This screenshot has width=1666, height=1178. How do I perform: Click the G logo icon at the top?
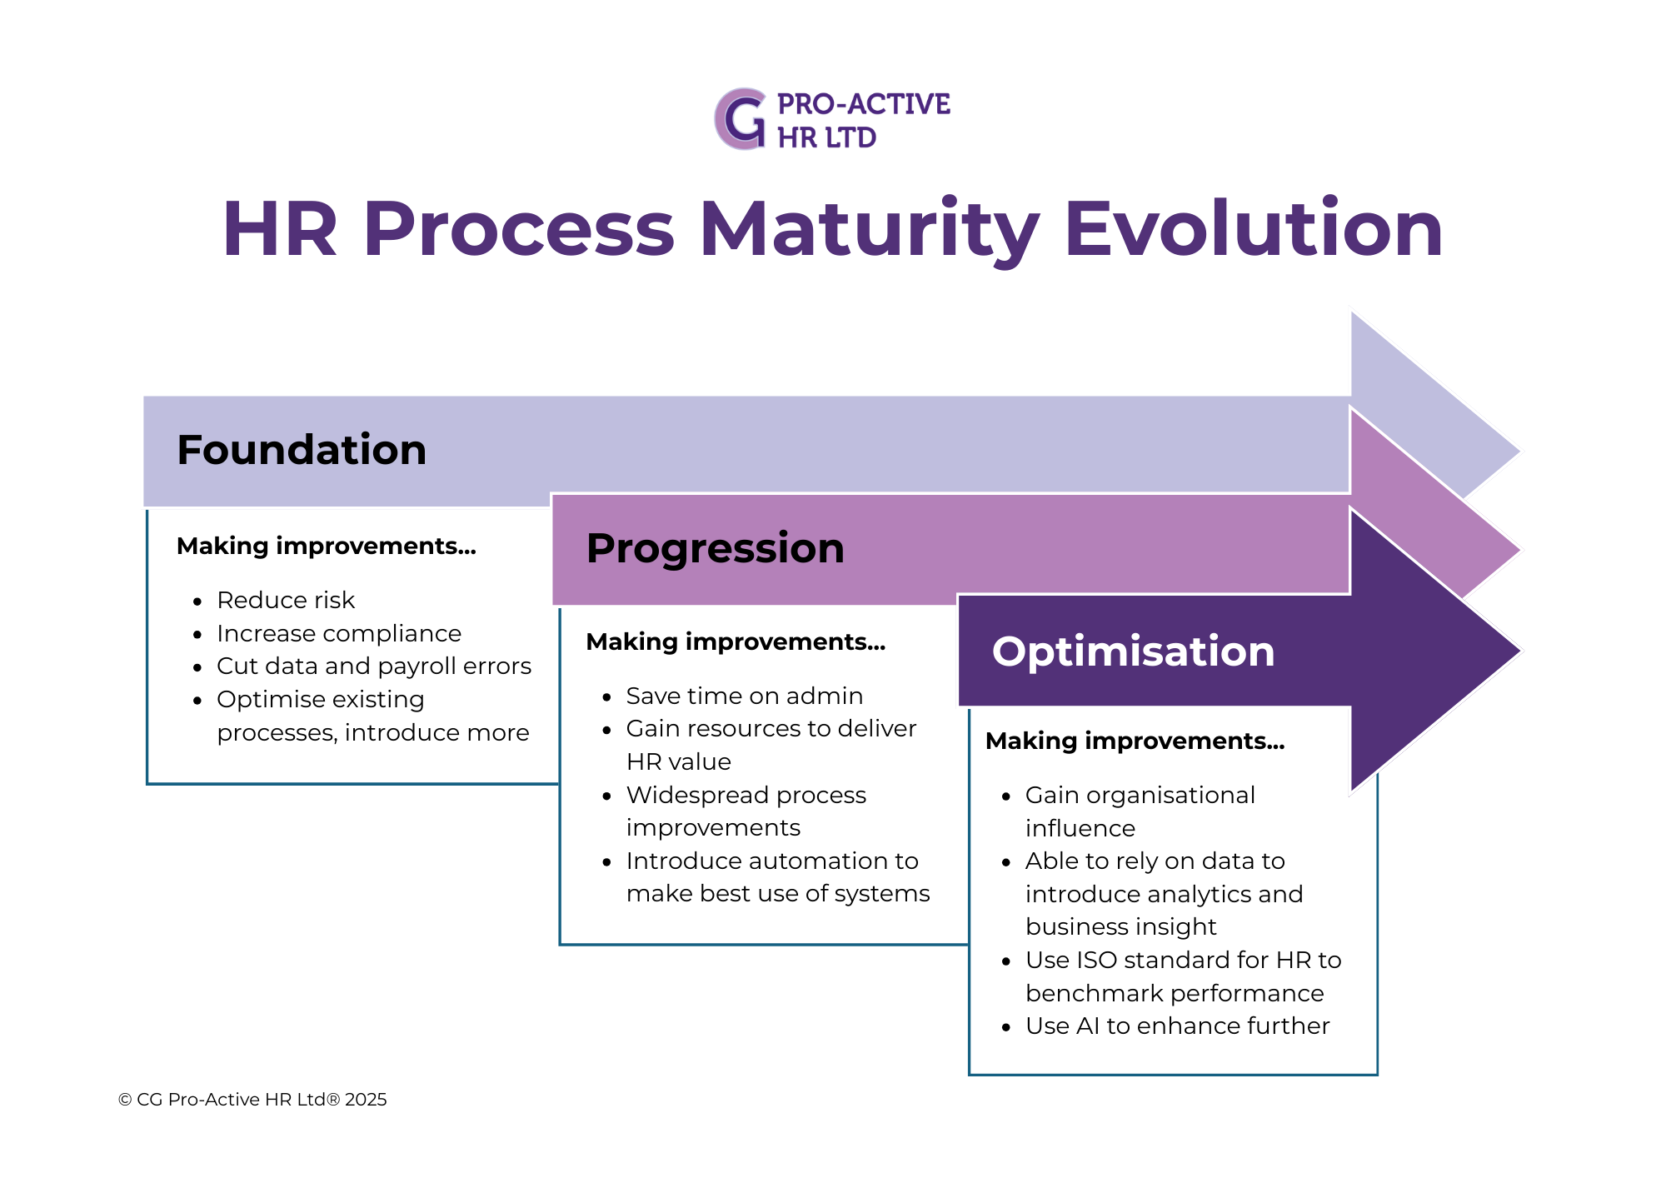(x=741, y=119)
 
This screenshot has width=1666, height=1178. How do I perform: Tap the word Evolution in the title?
(x=1253, y=229)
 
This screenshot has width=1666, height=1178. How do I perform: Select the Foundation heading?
(x=302, y=450)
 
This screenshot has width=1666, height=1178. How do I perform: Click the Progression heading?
(x=715, y=548)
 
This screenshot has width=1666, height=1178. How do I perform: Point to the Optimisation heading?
(x=1133, y=651)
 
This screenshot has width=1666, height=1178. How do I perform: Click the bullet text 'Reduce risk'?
(x=286, y=600)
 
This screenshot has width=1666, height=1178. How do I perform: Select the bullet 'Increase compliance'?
(x=338, y=633)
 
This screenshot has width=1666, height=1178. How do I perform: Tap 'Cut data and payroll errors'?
(x=373, y=666)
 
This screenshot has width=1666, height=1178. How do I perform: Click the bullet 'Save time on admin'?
(x=744, y=696)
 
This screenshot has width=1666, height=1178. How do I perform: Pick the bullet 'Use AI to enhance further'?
(x=1177, y=1026)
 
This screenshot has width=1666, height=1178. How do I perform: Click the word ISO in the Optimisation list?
(x=1095, y=960)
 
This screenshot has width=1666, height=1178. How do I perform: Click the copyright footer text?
(x=252, y=1100)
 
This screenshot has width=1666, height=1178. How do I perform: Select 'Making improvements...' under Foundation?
(x=326, y=546)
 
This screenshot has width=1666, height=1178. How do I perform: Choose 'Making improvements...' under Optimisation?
(x=1135, y=741)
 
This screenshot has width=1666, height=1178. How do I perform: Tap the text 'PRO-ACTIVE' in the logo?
(x=863, y=104)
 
